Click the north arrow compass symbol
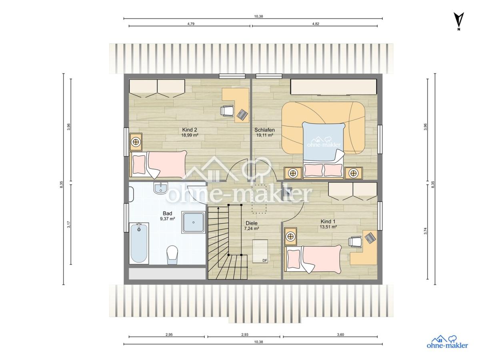458,21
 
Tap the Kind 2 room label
189,130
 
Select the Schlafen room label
264,130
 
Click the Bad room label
167,213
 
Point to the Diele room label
252,223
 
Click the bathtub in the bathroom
139,243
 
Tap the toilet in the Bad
172,255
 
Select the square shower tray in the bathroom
193,222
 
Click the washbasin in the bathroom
161,188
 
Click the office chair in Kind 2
226,111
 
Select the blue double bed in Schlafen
323,150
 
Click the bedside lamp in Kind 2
136,142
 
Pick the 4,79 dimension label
191,24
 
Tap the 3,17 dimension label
69,224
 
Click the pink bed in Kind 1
313,259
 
